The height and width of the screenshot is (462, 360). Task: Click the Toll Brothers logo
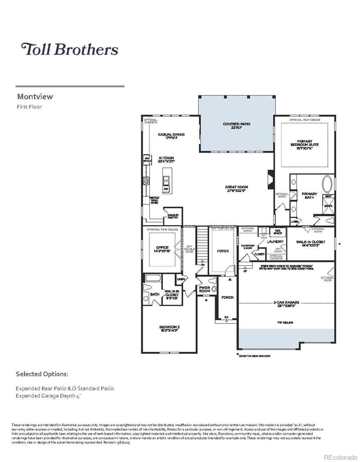[x=70, y=49]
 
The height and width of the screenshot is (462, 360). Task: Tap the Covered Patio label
[x=236, y=126]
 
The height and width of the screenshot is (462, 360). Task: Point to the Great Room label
[x=237, y=189]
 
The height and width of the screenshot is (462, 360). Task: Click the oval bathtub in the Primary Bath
[x=327, y=184]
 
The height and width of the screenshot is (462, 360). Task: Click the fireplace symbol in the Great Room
[x=270, y=179]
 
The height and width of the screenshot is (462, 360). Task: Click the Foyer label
[x=223, y=251]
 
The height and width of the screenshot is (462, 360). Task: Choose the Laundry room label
[x=274, y=242]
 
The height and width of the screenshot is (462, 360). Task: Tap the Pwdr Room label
[x=205, y=290]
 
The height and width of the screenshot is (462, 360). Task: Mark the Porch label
[x=227, y=298]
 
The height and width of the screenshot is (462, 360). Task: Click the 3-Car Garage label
[x=286, y=304]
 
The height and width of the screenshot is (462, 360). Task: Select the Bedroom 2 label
[x=169, y=328]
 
